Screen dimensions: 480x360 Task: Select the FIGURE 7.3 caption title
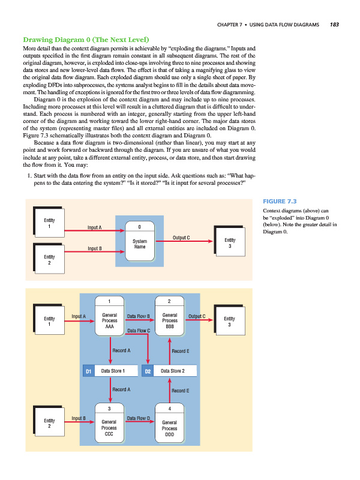tap(280, 202)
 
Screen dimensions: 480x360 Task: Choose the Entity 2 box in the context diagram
tap(49, 260)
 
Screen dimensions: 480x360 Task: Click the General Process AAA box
tap(110, 320)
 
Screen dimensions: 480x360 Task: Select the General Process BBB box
tap(170, 320)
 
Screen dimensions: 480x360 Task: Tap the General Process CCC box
tap(110, 427)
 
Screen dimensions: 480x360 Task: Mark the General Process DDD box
tap(170, 427)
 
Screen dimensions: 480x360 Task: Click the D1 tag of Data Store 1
tap(88, 371)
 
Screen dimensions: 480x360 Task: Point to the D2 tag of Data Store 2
tap(148, 371)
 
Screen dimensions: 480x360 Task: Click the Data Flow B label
tap(139, 315)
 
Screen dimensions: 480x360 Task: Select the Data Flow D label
tap(139, 417)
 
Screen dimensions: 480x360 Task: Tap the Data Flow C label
tap(139, 330)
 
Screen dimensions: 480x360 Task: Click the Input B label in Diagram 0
tap(79, 417)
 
